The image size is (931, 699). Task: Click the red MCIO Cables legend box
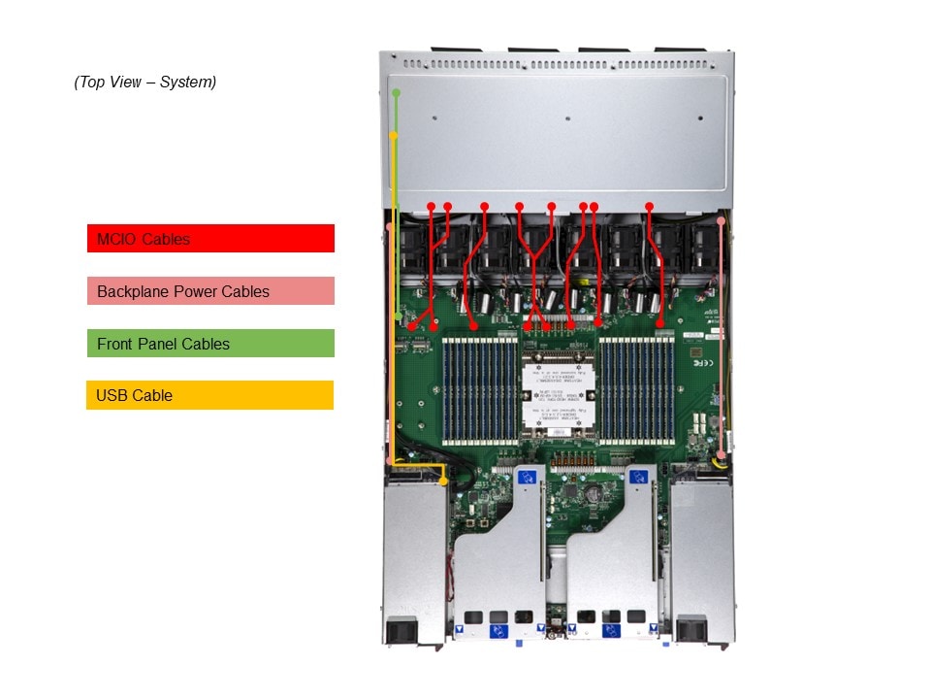pos(210,239)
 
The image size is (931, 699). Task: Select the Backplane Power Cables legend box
pos(210,291)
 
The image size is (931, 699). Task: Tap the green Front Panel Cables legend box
pos(210,344)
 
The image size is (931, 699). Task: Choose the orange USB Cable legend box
pos(210,395)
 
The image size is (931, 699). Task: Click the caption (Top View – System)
pos(145,83)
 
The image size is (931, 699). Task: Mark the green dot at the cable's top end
pos(396,92)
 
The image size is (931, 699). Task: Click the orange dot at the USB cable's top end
pos(393,136)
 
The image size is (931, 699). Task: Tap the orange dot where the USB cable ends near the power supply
pos(443,481)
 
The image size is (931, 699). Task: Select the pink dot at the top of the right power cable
pos(721,221)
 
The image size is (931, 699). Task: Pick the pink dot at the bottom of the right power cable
pos(721,455)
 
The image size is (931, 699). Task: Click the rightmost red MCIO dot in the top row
pos(650,206)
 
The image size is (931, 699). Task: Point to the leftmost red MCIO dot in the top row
pos(432,206)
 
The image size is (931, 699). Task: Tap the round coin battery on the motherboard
pos(589,492)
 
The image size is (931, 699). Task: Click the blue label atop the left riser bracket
pos(527,477)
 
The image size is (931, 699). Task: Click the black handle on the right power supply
pos(690,629)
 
